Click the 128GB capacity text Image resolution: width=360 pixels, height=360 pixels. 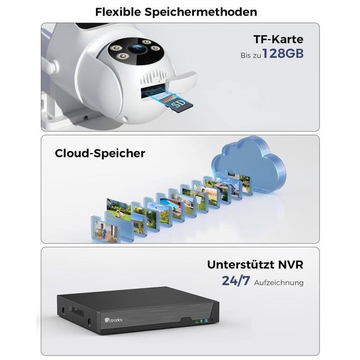283,54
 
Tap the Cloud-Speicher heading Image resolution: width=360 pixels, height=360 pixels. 100,153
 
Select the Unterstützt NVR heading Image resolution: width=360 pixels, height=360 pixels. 255,265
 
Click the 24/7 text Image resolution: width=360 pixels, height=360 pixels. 235,281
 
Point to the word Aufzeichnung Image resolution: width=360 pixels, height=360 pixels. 279,283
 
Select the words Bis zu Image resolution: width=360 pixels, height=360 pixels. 249,55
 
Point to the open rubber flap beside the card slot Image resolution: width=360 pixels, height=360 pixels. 182,82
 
